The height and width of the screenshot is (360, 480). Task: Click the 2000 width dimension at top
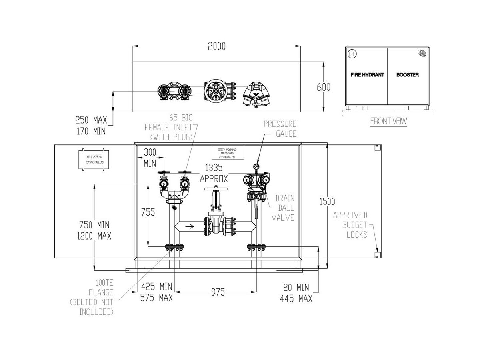(216, 46)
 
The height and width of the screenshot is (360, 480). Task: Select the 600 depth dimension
(323, 87)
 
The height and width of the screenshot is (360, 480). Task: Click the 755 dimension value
(149, 212)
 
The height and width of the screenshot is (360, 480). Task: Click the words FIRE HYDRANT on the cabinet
(367, 75)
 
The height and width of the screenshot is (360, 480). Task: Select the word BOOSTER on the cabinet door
(408, 75)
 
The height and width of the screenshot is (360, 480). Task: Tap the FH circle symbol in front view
(352, 53)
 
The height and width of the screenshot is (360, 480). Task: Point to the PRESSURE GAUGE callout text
(280, 129)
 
